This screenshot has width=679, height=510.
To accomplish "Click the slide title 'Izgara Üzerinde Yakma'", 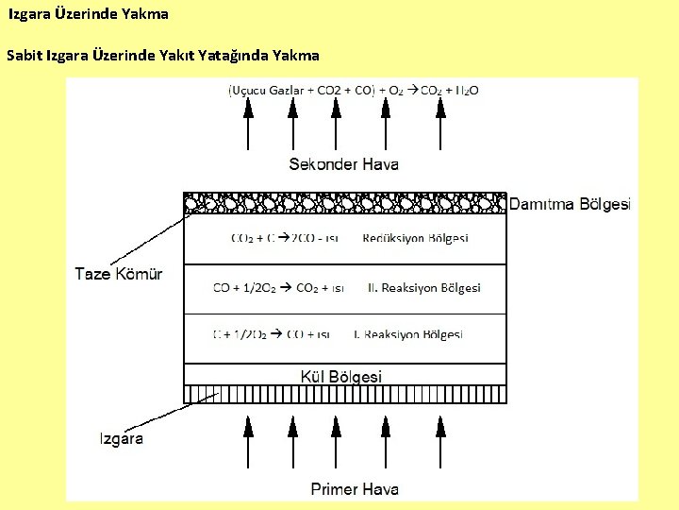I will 89,14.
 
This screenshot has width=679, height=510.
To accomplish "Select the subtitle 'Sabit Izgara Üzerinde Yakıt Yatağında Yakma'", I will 162,55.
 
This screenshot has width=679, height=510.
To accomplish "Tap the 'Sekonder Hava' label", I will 343,164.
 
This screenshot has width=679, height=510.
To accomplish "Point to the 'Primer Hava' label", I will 355,489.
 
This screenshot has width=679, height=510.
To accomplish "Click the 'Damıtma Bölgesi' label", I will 570,204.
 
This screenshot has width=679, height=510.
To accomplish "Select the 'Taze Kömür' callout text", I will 119,274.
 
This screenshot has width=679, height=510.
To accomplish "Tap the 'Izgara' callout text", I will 122,439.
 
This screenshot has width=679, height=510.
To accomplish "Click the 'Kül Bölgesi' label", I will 341,376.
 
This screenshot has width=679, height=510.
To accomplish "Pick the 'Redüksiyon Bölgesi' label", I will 415,238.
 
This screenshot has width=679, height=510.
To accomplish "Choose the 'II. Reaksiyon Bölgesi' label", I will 424,287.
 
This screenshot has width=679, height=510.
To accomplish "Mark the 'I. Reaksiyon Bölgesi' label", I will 407,334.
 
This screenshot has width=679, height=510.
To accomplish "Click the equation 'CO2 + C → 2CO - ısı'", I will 283,238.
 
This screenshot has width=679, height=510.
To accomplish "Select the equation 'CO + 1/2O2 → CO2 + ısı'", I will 278,287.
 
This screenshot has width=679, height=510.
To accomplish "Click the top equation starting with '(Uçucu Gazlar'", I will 353,91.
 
